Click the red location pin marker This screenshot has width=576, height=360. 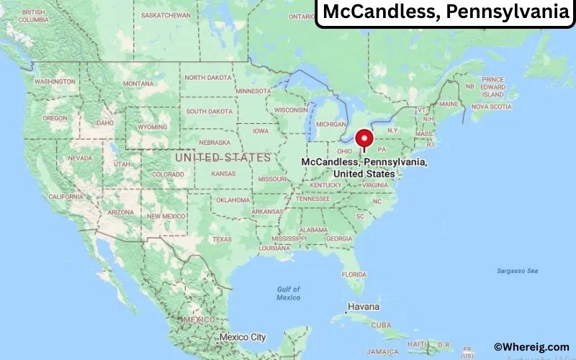pos(364,138)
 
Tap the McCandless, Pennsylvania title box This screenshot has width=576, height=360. pos(446,12)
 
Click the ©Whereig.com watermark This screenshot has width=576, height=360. pos(531,346)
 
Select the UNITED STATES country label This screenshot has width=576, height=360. pos(223,156)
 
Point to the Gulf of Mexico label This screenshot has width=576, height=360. pos(289,293)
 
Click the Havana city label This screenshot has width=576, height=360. pos(364,307)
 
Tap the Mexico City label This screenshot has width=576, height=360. pos(243,336)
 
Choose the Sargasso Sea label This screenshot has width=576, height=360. pos(517,271)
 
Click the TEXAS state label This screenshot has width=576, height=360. pos(222,238)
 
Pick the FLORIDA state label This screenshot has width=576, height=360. pos(354,274)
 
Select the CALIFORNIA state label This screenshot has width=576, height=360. pos(66,197)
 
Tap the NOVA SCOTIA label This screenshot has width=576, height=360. pos(491,107)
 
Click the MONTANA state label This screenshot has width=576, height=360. pos(138,84)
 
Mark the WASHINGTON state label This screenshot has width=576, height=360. pos(55,81)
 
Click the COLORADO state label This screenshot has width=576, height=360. pos(168,174)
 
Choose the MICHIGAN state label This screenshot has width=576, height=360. pos(331,124)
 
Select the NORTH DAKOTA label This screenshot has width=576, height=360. pos(209,77)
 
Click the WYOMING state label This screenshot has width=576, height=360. pos(152,127)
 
